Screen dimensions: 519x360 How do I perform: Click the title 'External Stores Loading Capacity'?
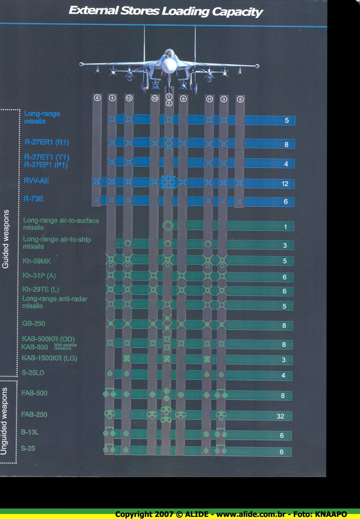tap(165, 11)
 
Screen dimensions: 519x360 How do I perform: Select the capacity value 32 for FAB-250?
tap(280, 416)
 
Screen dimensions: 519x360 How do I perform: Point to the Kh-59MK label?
tap(37, 261)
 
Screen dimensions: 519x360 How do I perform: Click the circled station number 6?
tap(97, 98)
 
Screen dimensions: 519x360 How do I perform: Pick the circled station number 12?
tap(129, 98)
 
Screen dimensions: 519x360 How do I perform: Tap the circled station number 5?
tap(240, 99)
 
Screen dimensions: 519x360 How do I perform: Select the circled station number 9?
tap(183, 99)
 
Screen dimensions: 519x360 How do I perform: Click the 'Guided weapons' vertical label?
tap(5, 244)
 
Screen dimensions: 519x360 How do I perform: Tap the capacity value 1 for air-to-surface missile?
tap(285, 227)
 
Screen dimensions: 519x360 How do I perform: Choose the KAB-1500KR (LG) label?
tap(49, 358)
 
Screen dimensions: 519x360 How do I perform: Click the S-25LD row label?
tap(33, 373)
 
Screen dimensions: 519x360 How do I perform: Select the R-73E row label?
tap(33, 199)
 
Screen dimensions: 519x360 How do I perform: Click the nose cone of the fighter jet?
tap(169, 65)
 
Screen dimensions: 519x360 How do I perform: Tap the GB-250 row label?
tap(34, 324)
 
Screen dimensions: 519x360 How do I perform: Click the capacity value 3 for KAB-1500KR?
tap(284, 360)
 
